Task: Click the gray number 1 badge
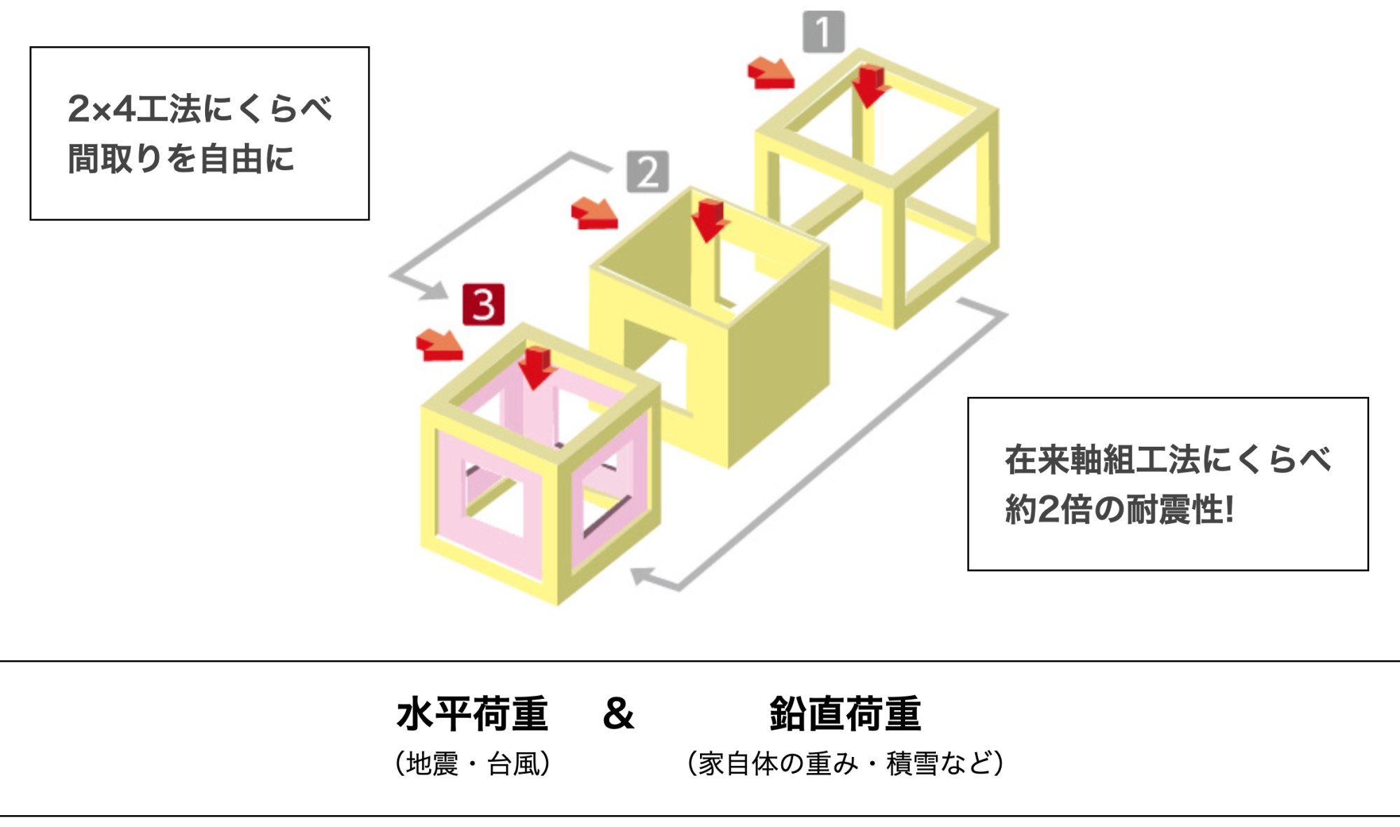click(x=823, y=32)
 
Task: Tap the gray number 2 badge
click(x=647, y=172)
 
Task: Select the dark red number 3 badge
click(x=483, y=305)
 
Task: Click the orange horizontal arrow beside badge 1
click(x=771, y=74)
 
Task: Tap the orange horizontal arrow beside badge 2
click(x=594, y=214)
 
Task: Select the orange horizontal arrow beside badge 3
click(x=439, y=345)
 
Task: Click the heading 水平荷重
click(x=472, y=714)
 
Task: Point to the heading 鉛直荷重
click(x=845, y=714)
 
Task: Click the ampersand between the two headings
click(x=618, y=714)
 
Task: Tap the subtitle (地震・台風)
click(x=472, y=763)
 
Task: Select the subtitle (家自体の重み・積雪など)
click(x=846, y=763)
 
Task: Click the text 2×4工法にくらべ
click(x=199, y=109)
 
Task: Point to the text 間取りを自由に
click(x=181, y=159)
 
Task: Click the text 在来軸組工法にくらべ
click(x=1168, y=460)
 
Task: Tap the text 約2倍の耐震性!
click(x=1119, y=509)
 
